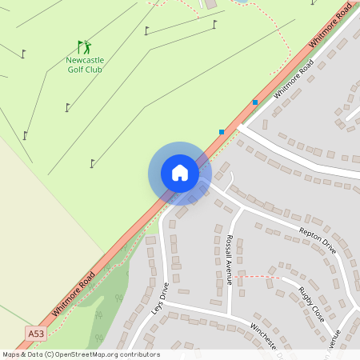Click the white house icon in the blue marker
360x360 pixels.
[180, 173]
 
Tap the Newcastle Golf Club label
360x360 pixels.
[84, 65]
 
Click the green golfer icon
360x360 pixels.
[84, 47]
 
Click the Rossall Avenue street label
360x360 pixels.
[230, 260]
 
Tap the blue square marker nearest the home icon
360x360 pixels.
[222, 131]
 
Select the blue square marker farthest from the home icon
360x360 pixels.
[255, 102]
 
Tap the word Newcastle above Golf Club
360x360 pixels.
[84, 60]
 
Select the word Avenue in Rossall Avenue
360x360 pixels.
[230, 271]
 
